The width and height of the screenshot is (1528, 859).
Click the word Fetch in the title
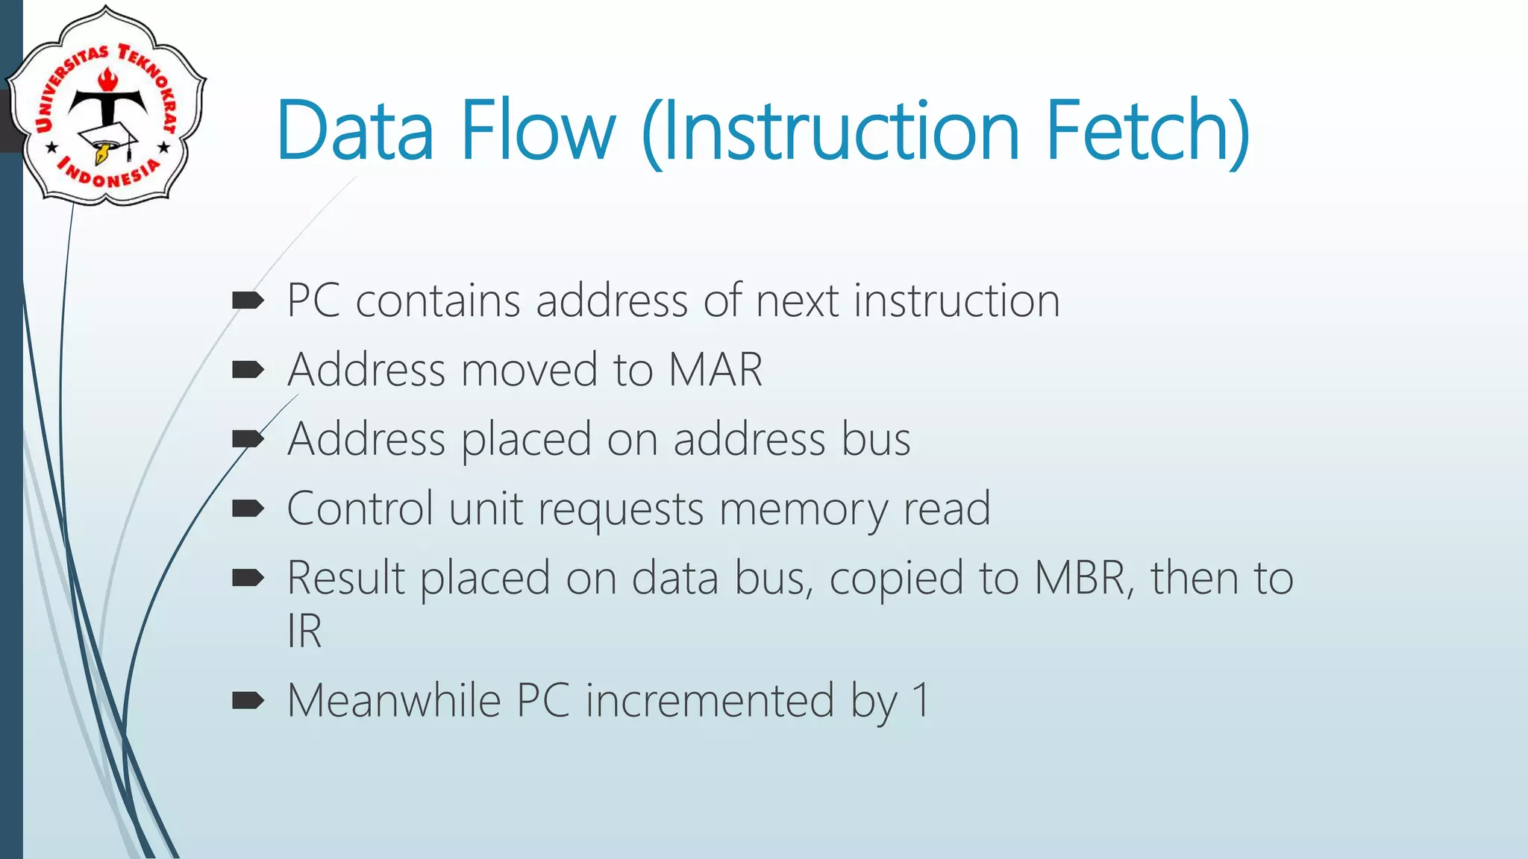click(1147, 130)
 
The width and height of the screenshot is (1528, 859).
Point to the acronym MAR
click(715, 370)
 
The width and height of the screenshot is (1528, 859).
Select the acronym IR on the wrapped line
click(304, 632)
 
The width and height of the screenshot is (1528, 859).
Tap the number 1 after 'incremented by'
click(922, 701)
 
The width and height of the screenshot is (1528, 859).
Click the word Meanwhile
click(394, 701)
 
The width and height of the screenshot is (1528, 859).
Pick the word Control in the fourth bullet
click(360, 509)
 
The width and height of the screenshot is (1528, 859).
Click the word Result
click(346, 578)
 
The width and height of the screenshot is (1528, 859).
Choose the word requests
click(621, 510)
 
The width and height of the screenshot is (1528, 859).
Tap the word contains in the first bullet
click(438, 301)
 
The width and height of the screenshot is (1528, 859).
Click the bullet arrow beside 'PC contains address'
click(248, 301)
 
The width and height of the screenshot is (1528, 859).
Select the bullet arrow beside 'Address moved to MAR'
click(248, 370)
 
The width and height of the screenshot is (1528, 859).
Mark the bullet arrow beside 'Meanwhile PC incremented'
click(248, 700)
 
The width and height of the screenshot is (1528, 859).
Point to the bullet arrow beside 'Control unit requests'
click(248, 509)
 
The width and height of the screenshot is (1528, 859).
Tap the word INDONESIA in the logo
click(109, 174)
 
